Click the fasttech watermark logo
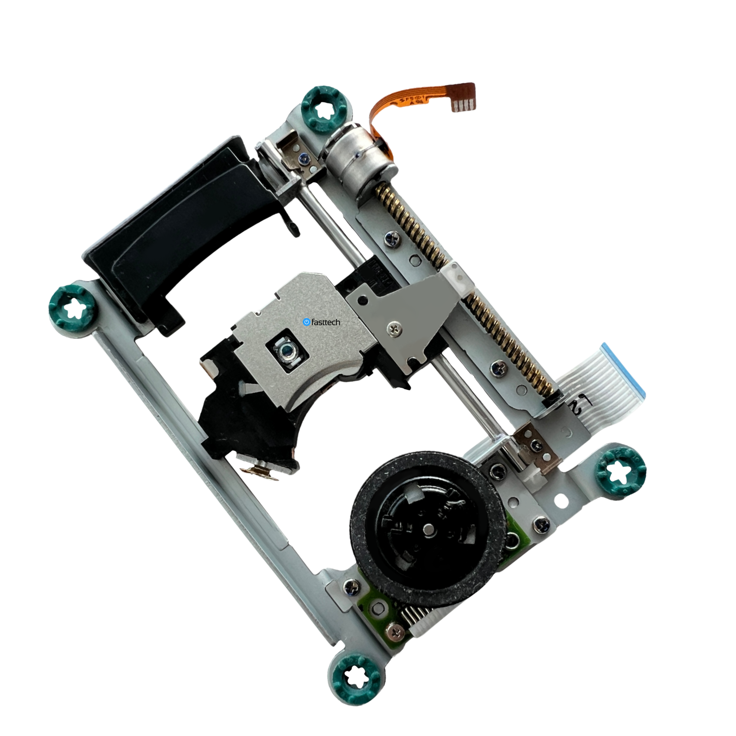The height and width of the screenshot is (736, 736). (x=321, y=322)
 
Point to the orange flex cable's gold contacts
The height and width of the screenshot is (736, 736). (x=465, y=105)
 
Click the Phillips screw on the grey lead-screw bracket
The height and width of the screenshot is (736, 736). (x=394, y=327)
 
